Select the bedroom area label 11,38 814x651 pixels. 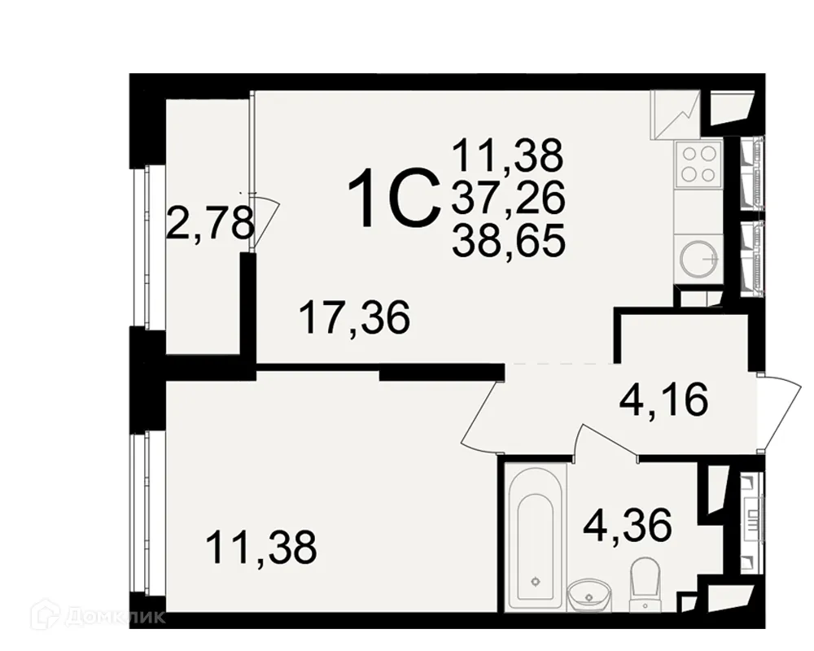click(x=260, y=547)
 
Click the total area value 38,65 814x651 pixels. click(x=509, y=241)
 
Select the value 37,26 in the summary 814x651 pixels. click(x=509, y=197)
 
